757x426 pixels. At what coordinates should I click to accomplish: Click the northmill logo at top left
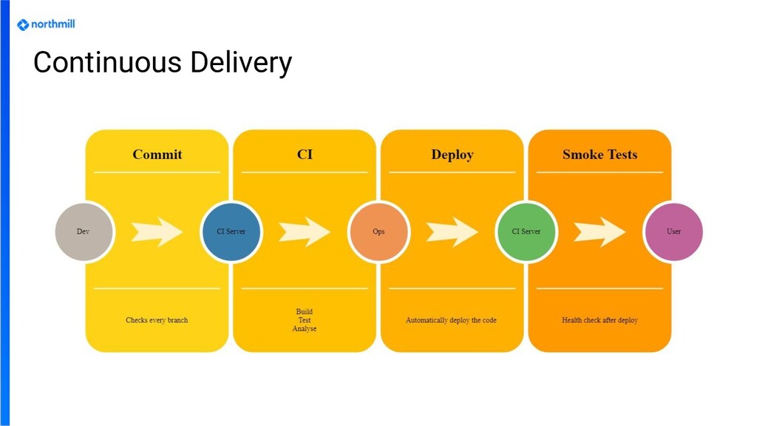click(x=46, y=24)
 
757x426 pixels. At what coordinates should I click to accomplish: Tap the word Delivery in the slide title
click(x=241, y=64)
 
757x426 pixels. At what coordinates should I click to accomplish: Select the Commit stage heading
click(x=157, y=155)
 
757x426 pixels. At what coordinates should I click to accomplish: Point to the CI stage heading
click(x=305, y=155)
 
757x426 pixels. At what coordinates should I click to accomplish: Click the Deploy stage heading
click(x=452, y=155)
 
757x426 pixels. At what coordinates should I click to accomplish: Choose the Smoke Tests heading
click(x=600, y=155)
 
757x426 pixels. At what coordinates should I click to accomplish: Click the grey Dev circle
click(x=84, y=231)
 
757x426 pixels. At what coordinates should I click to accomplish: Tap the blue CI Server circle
click(x=231, y=231)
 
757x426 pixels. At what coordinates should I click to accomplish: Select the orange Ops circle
click(x=378, y=231)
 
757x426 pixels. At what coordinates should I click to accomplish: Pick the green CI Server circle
click(x=526, y=231)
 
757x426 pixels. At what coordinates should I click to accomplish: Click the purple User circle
click(x=673, y=231)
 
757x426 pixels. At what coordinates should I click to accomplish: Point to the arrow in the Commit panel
click(x=157, y=232)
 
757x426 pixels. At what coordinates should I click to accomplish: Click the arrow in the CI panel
click(x=305, y=232)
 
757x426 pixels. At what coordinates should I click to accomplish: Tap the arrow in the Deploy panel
click(x=452, y=232)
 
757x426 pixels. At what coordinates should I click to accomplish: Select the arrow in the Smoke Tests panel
click(x=600, y=232)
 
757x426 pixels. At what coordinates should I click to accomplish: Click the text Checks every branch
click(x=157, y=320)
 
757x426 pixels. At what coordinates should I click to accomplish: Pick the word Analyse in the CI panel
click(x=305, y=328)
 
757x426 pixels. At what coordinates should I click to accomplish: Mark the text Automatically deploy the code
click(x=452, y=320)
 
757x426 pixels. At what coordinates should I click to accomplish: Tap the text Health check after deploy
click(x=600, y=320)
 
